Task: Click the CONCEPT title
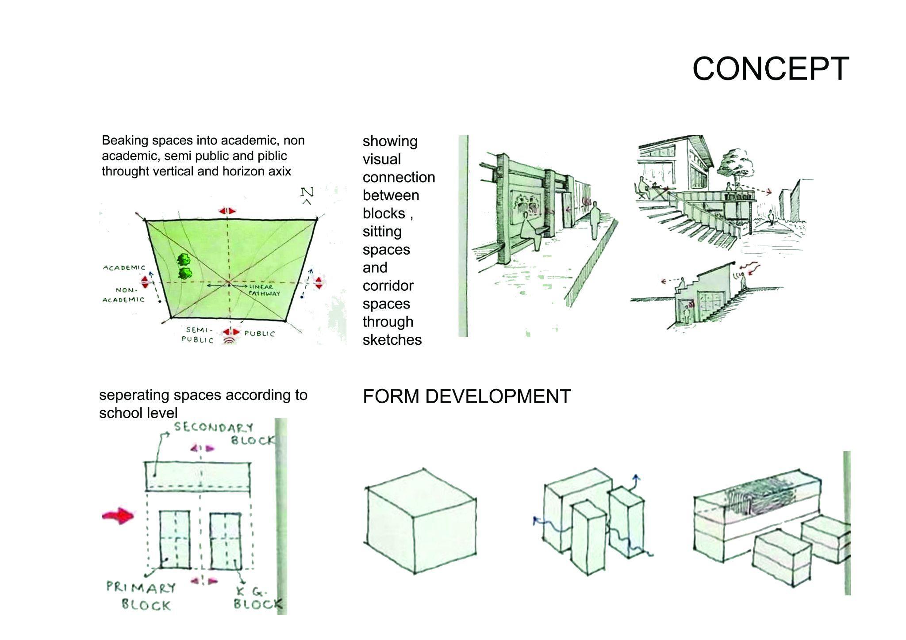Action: [x=770, y=69]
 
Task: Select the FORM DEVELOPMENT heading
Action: [x=467, y=396]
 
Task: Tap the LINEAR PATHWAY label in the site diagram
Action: [x=264, y=290]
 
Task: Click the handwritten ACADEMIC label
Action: [x=124, y=267]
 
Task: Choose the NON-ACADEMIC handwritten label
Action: [x=124, y=295]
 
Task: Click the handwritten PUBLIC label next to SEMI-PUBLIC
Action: [x=259, y=334]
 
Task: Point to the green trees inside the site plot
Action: [x=185, y=266]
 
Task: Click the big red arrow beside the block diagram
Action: [x=118, y=516]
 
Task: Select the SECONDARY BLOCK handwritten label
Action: [x=223, y=434]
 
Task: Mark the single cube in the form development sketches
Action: [x=421, y=522]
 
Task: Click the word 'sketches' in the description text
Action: [x=392, y=340]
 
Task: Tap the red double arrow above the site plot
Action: [x=227, y=211]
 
